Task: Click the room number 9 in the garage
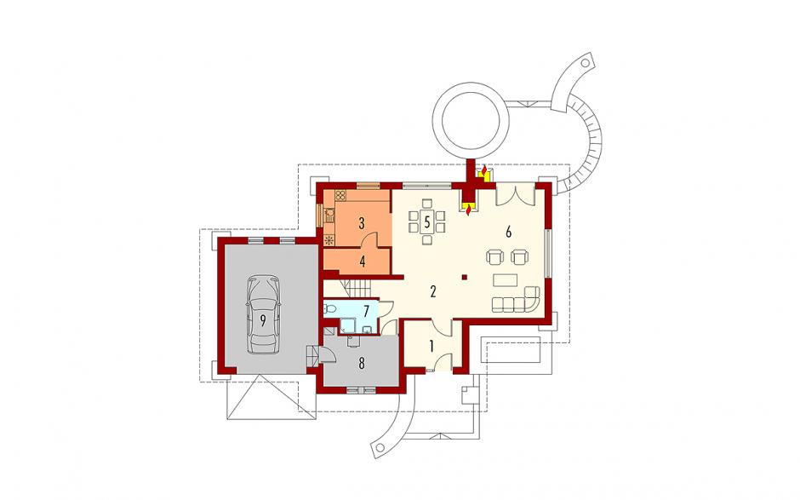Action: point(263,321)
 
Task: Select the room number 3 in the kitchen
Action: point(362,223)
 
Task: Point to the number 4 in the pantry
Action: point(363,261)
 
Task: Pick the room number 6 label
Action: point(508,232)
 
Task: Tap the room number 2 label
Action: point(433,292)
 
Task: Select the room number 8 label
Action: point(362,364)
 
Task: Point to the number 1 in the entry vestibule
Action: point(431,347)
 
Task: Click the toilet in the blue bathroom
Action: point(329,308)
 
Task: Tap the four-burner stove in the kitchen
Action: point(340,196)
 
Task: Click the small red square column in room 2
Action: point(465,278)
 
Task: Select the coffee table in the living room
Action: point(505,280)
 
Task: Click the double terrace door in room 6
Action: point(515,195)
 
